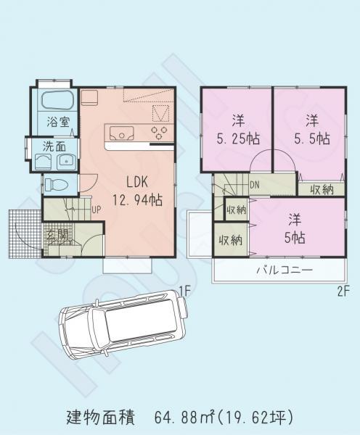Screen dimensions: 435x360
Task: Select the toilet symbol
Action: tap(56, 184)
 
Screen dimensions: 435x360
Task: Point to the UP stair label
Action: tap(95, 211)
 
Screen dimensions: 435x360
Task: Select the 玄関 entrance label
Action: tap(58, 234)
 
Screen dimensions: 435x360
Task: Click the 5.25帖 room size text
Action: tap(237, 138)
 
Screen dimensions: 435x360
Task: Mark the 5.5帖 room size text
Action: tap(312, 138)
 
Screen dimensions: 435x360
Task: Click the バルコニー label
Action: tap(284, 270)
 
